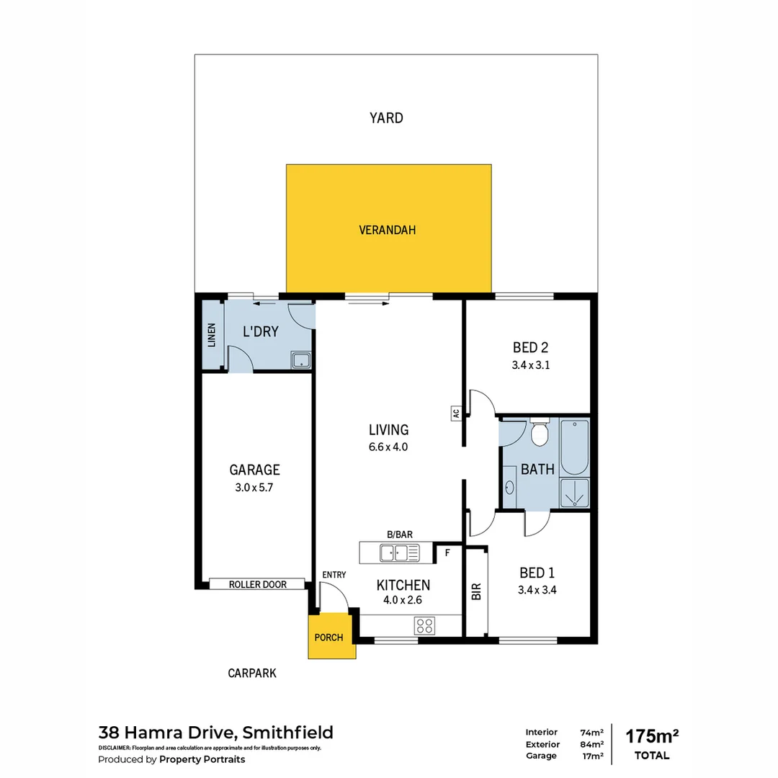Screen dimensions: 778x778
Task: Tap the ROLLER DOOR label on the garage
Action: pos(257,584)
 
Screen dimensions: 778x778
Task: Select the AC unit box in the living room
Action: pos(455,413)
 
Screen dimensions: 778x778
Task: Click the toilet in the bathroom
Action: pos(539,434)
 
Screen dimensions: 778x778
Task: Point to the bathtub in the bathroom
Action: pos(574,447)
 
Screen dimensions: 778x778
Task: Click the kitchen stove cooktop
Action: pos(425,625)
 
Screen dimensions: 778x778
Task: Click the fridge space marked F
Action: pos(447,553)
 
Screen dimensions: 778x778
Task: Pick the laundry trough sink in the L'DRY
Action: pos(300,360)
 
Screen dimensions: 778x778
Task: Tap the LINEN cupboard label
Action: pos(211,336)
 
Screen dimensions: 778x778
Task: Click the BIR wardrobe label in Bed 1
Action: pos(475,591)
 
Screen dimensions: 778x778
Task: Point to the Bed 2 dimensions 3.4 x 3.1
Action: pos(531,365)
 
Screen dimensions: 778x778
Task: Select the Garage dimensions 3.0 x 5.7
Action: pos(254,487)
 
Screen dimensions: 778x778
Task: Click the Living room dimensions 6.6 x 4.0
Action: pos(388,447)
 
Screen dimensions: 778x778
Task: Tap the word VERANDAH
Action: pos(388,231)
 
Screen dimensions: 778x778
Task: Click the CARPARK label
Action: pos(252,674)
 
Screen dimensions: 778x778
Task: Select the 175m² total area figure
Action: pos(652,736)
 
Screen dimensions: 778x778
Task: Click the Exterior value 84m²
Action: pos(591,744)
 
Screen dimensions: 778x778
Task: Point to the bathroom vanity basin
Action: pos(509,488)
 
